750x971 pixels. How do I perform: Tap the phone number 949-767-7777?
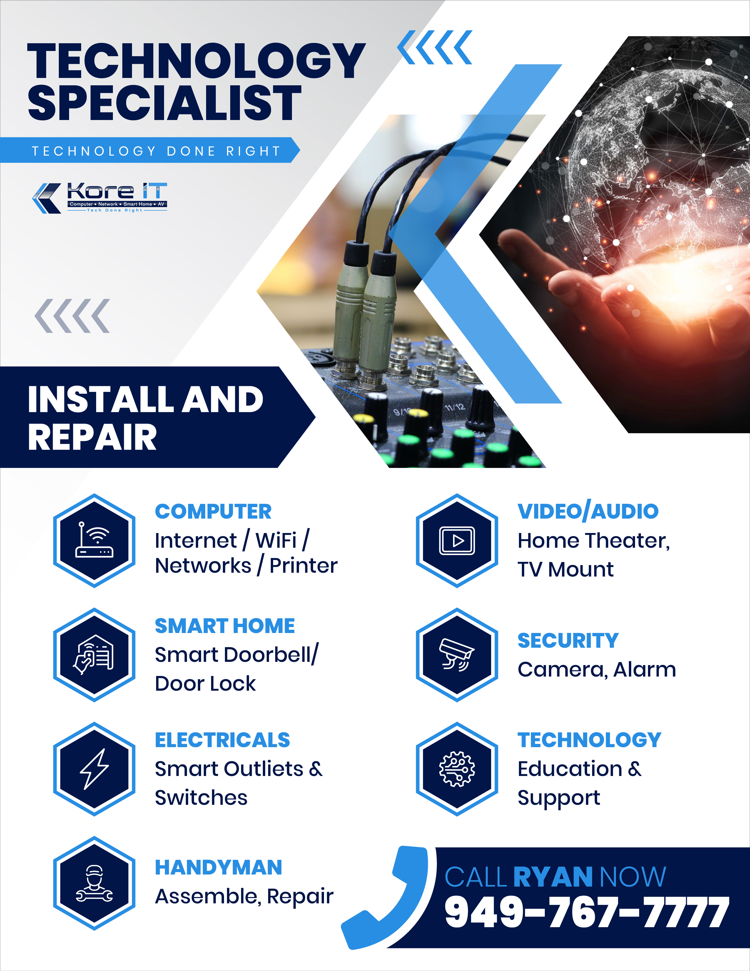pyautogui.click(x=587, y=912)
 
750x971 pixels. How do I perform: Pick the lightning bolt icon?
pyautogui.click(x=94, y=769)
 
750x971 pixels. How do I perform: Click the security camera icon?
pyautogui.click(x=457, y=655)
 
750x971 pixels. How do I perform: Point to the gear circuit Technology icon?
pyautogui.click(x=457, y=769)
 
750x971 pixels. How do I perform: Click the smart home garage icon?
pyautogui.click(x=94, y=655)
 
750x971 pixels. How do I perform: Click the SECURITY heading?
pyautogui.click(x=568, y=641)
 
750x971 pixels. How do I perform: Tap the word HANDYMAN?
pyautogui.click(x=219, y=867)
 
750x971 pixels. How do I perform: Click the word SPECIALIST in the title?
pyautogui.click(x=164, y=103)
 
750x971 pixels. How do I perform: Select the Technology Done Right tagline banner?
pyautogui.click(x=150, y=150)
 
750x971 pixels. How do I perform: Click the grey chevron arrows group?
pyautogui.click(x=72, y=316)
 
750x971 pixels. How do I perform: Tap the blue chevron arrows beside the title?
pyautogui.click(x=435, y=47)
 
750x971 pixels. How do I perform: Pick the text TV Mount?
pyautogui.click(x=566, y=569)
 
